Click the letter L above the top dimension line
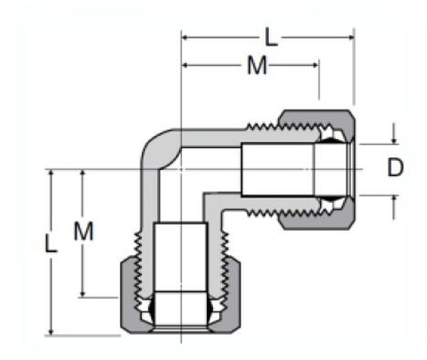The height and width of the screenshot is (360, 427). [x=271, y=37]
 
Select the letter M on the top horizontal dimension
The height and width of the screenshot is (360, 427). [x=257, y=65]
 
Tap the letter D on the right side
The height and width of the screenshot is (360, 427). [x=394, y=167]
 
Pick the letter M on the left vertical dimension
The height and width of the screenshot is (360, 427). [x=84, y=231]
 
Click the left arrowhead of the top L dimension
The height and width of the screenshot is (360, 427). [x=187, y=37]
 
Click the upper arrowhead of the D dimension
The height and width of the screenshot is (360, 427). [x=394, y=140]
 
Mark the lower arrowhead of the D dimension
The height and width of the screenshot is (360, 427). [x=394, y=198]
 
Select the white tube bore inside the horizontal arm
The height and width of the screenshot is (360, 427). [x=274, y=168]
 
